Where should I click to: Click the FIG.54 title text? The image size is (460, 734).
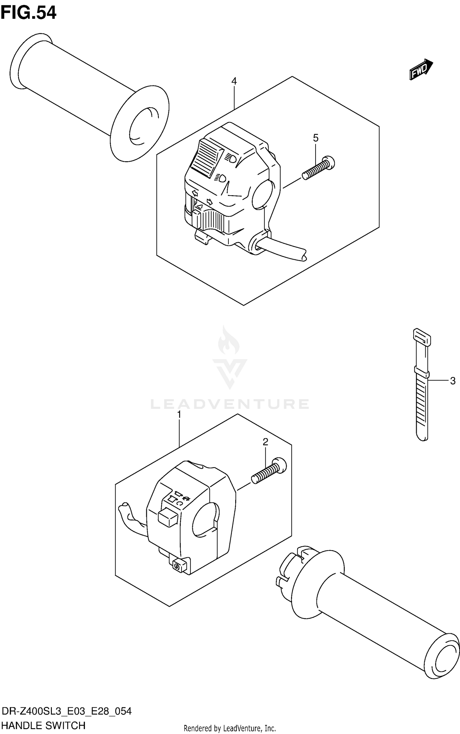28,13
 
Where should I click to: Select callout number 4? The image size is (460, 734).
234,81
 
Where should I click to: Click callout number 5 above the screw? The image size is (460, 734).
316,138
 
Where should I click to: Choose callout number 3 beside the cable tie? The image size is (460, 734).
453,381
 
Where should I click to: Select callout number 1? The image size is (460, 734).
179,414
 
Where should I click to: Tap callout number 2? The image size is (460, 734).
265,442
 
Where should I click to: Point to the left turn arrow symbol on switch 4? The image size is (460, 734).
194,193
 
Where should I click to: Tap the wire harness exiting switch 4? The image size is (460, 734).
285,249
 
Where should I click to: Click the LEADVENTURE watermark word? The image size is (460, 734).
230,404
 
